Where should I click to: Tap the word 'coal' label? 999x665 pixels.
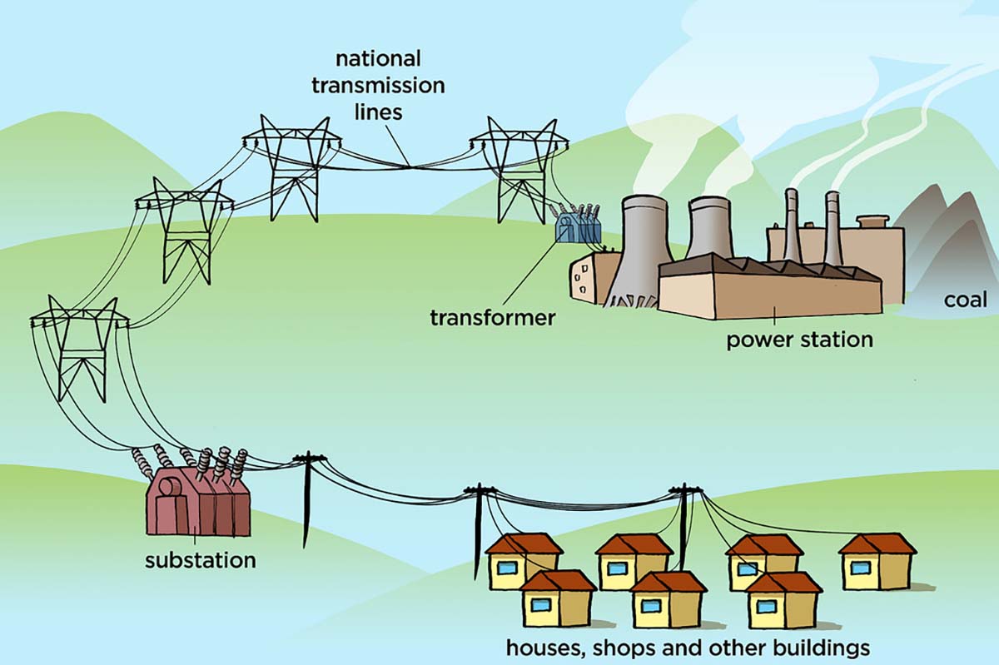click(x=965, y=300)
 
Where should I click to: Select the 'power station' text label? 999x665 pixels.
click(x=799, y=340)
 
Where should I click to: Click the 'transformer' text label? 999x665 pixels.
click(x=492, y=318)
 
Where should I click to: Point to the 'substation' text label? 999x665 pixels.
click(x=200, y=559)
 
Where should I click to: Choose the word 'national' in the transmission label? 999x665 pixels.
click(x=378, y=60)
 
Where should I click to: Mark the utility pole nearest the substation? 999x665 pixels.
click(x=307, y=499)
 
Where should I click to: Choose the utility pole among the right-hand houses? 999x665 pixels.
click(x=685, y=524)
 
